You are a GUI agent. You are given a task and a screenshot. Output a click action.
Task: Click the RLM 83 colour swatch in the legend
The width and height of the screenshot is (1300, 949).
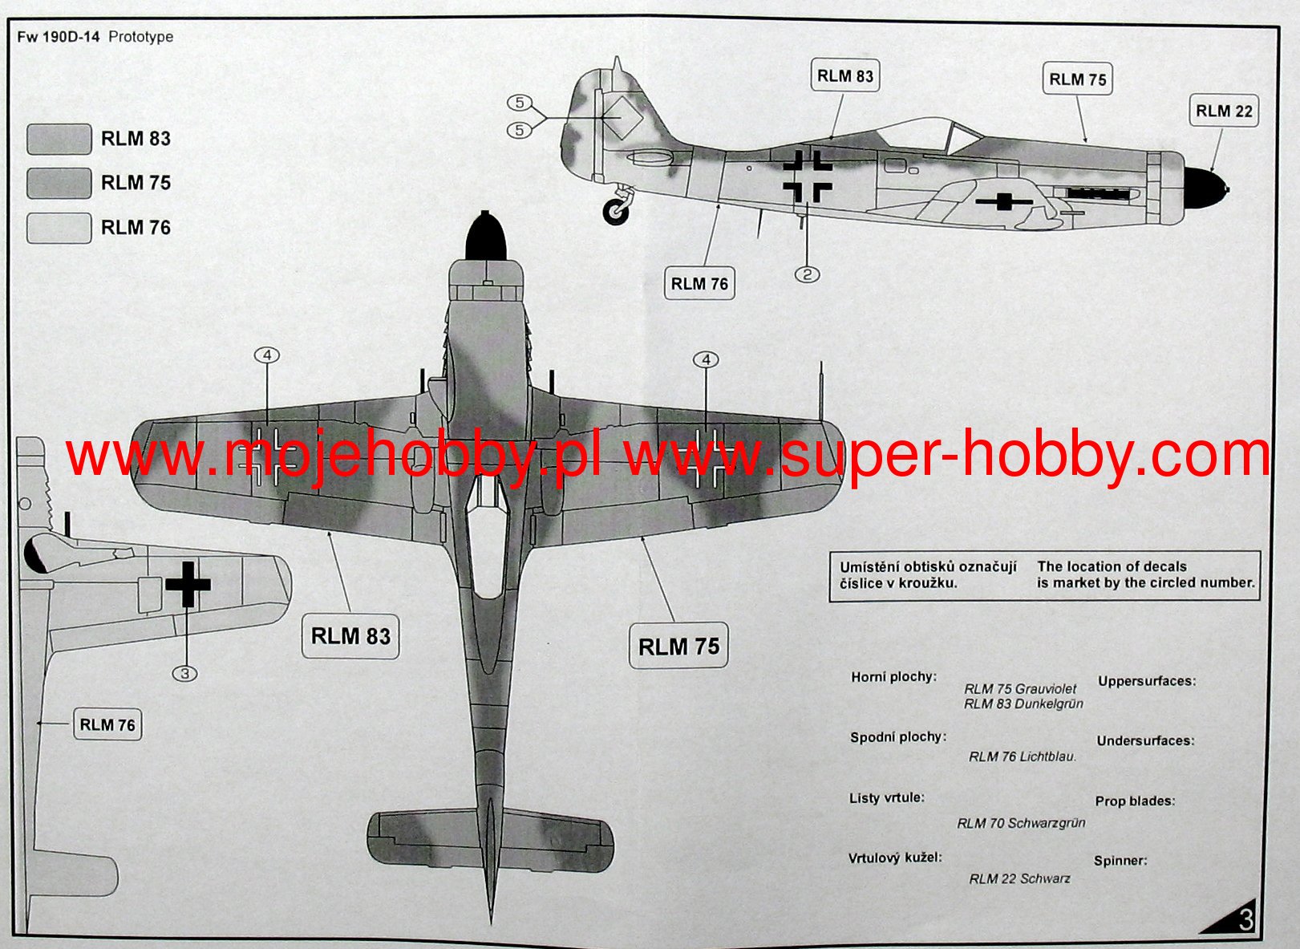[x=59, y=139]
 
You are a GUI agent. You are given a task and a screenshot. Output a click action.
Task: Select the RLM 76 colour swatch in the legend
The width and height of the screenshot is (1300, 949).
[x=59, y=228]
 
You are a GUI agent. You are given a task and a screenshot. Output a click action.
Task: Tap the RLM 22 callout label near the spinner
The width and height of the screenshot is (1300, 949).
[x=1223, y=112]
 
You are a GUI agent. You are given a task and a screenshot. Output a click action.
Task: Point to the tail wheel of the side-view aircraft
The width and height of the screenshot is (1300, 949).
[x=616, y=211]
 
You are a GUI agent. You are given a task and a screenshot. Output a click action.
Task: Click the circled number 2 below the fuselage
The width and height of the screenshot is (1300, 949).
[x=808, y=274]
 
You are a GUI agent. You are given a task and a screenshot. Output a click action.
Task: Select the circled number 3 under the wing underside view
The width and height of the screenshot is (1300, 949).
[x=184, y=673]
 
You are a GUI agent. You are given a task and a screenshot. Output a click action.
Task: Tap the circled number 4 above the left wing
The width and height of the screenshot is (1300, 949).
[x=267, y=355]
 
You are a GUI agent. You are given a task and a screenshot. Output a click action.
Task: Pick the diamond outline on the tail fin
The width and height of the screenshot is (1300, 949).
[x=622, y=117]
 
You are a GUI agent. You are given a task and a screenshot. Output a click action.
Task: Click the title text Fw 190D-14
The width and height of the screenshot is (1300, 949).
[x=58, y=37]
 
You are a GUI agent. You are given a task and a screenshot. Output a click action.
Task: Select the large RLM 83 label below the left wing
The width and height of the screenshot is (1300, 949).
[x=350, y=636]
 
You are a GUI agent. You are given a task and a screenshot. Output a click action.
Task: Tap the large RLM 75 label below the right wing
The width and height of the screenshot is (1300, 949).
[x=678, y=646]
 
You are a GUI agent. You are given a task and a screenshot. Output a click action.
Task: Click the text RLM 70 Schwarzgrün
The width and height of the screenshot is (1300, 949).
[x=1021, y=823]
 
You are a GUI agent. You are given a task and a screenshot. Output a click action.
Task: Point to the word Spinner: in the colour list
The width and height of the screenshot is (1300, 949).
[x=1120, y=861]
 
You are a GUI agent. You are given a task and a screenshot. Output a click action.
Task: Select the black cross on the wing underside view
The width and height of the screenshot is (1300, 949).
[x=188, y=584]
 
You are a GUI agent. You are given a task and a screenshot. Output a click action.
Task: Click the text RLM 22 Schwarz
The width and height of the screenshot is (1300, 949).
[x=1019, y=879]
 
